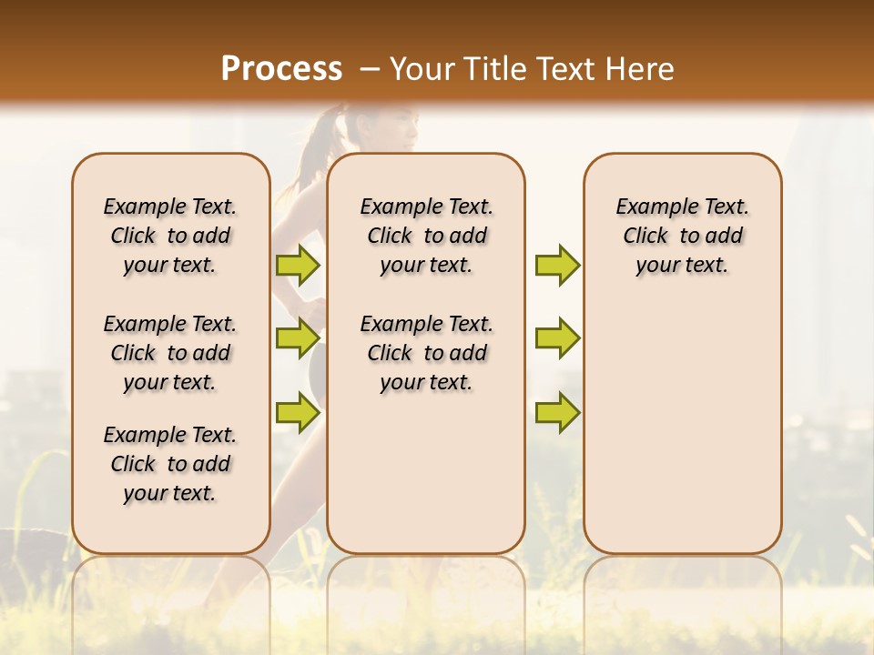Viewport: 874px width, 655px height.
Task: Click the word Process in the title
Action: (281, 68)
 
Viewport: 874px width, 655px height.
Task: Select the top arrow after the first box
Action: (298, 265)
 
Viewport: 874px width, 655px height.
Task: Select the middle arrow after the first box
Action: (298, 338)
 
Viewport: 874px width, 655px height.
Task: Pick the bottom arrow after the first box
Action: (298, 411)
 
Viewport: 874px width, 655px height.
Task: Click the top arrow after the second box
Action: (557, 265)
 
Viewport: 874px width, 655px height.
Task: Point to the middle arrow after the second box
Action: (557, 338)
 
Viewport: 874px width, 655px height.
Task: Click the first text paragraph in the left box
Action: (170, 236)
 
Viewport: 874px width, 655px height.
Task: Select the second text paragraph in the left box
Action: (170, 353)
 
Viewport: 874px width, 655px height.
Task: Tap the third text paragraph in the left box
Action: (170, 464)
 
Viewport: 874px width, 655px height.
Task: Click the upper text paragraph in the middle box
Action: (426, 236)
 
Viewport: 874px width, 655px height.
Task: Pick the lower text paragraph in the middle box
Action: (426, 353)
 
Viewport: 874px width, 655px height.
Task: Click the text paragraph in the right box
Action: (682, 236)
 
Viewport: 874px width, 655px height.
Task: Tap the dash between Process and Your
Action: (370, 69)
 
